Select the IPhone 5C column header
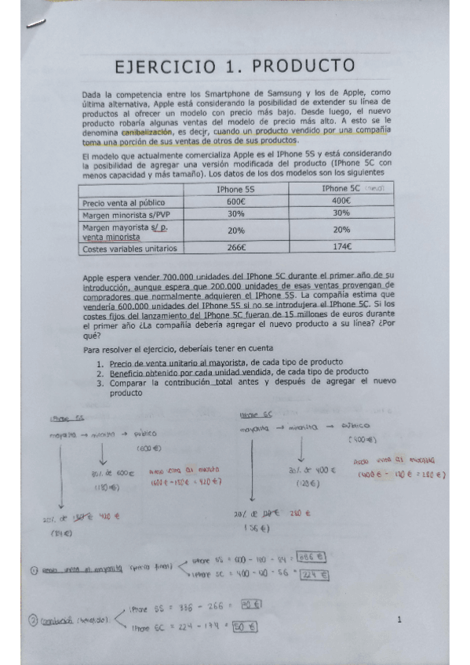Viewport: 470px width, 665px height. tap(340, 189)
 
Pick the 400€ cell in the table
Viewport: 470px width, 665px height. tap(341, 202)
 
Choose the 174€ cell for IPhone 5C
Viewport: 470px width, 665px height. tap(341, 248)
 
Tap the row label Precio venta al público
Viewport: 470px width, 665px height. tap(123, 202)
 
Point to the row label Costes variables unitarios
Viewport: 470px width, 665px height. tap(129, 249)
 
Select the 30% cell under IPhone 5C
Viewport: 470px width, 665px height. tap(341, 213)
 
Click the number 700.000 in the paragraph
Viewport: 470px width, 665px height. tap(180, 278)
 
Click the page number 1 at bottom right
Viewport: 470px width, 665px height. tap(399, 620)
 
